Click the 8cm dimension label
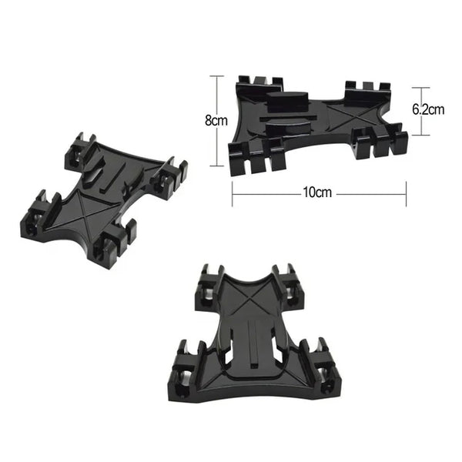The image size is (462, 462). [215, 121]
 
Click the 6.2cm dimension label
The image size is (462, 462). [429, 109]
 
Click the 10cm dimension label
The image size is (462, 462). [317, 192]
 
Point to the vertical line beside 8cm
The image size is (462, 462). [224, 96]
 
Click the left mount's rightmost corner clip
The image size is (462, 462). [171, 174]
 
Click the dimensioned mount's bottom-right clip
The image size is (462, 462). [377, 142]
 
